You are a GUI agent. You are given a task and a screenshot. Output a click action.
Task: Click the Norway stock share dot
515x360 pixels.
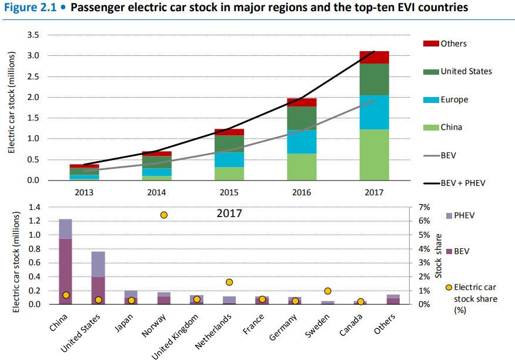(164, 215)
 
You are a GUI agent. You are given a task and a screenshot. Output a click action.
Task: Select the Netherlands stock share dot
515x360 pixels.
(229, 282)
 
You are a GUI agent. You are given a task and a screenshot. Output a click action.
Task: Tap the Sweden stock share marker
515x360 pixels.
(327, 291)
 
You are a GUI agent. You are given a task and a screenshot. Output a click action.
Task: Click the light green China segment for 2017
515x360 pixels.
(374, 155)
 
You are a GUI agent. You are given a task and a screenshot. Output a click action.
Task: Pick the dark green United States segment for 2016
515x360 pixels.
(302, 118)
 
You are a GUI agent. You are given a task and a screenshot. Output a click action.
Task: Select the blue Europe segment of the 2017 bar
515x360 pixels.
(374, 112)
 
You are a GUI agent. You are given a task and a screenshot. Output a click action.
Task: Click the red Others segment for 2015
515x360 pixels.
(229, 132)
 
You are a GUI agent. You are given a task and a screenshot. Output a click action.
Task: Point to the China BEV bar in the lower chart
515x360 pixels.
(65, 271)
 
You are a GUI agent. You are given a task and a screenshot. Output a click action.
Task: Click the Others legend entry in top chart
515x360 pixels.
(453, 44)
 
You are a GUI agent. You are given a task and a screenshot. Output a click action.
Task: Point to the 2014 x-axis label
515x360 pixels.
(156, 191)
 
